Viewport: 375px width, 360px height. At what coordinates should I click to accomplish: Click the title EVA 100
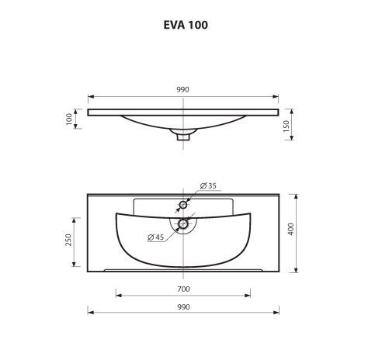pyautogui.click(x=186, y=25)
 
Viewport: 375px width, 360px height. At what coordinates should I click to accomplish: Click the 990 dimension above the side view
pyautogui.click(x=183, y=89)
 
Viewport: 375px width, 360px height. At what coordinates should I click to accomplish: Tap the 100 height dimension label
pyautogui.click(x=69, y=119)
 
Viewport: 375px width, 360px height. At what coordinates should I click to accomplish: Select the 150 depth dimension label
pyautogui.click(x=286, y=126)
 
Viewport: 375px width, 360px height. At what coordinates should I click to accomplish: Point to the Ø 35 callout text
pyautogui.click(x=208, y=185)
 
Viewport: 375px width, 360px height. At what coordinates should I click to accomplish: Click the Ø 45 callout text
pyautogui.click(x=155, y=237)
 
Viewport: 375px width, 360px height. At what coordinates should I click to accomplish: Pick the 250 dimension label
pyautogui.click(x=68, y=240)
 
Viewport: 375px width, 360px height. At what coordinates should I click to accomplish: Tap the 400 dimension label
pyautogui.click(x=291, y=229)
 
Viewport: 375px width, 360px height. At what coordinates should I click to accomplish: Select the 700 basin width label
pyautogui.click(x=183, y=289)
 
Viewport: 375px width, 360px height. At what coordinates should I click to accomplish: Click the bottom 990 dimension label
pyautogui.click(x=183, y=307)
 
